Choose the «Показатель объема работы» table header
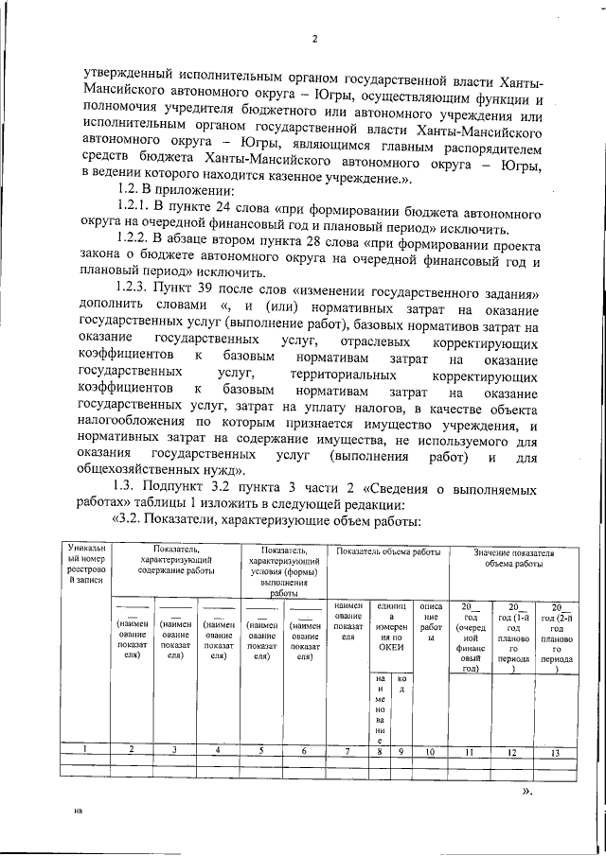387,551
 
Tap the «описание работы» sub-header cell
429,624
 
